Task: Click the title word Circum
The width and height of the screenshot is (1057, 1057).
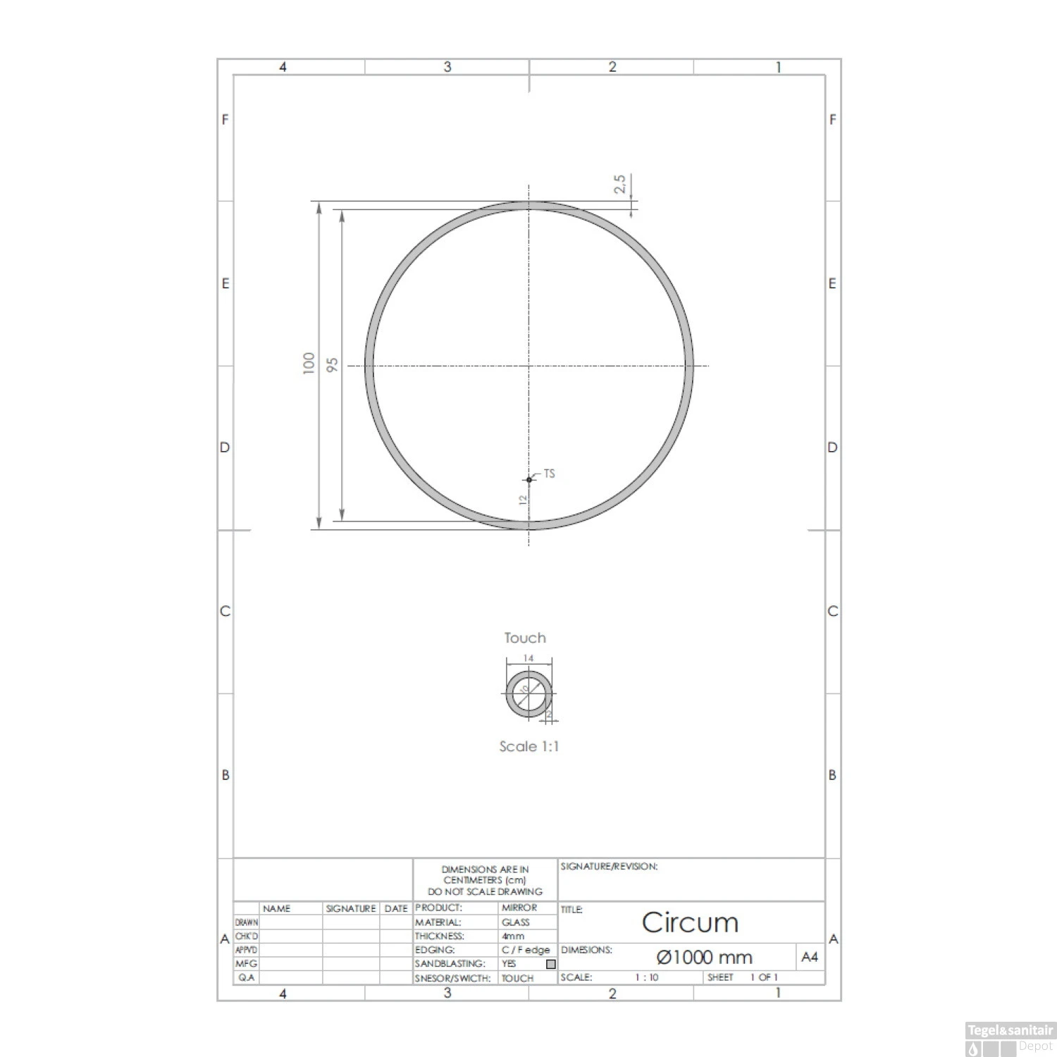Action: pos(690,922)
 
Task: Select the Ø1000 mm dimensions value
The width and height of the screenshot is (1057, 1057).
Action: pos(704,958)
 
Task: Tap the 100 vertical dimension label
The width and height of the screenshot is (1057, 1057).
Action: pos(309,363)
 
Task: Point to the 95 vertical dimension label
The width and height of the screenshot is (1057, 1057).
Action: pos(333,364)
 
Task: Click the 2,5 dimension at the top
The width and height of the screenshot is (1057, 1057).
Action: pos(620,185)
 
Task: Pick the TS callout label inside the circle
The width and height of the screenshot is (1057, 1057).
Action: pos(549,474)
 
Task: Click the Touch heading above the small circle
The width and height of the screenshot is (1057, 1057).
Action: pos(525,638)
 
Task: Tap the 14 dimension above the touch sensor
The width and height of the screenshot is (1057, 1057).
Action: pos(528,658)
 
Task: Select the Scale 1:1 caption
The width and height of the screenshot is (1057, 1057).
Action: pos(528,746)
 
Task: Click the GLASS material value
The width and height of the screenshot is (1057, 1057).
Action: pos(515,922)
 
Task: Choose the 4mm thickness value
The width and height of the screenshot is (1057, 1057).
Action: pos(513,937)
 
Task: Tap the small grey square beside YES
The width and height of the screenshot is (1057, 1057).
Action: pos(551,964)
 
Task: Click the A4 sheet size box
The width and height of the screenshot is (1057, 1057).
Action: pos(810,957)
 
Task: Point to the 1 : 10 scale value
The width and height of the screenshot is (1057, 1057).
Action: pos(646,977)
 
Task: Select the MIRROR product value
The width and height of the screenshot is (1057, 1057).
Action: pos(519,908)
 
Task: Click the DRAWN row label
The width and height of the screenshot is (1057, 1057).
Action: pos(247,922)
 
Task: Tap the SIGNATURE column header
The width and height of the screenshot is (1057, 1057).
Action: pos(351,909)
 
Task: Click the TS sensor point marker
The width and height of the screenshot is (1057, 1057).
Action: pos(529,480)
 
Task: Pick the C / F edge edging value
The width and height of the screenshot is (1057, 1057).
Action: pos(525,950)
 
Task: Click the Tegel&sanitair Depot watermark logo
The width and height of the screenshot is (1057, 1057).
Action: pos(1009,1039)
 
